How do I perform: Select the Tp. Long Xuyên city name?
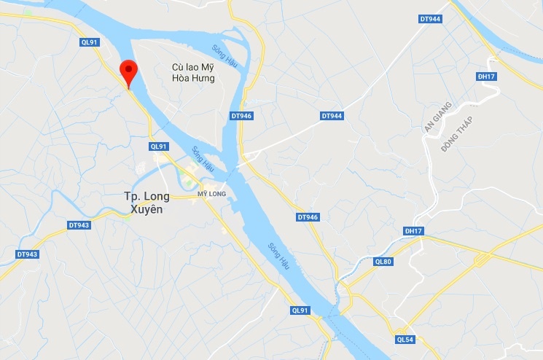coord(147,203)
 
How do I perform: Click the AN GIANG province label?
coord(437,117)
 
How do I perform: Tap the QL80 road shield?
coord(383,262)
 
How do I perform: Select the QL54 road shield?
coord(405,340)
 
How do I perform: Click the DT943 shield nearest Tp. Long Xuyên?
coord(79,225)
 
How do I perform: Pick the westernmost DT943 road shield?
coord(27,254)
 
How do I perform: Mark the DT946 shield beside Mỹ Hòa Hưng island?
coord(241,116)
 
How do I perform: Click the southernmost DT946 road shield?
coord(308,217)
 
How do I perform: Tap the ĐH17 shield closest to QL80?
coord(413,231)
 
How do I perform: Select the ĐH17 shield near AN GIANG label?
coord(486,76)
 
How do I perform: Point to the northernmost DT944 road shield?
coord(431,19)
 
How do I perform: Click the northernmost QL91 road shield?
coord(89,43)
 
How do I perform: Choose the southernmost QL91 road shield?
coord(300,310)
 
